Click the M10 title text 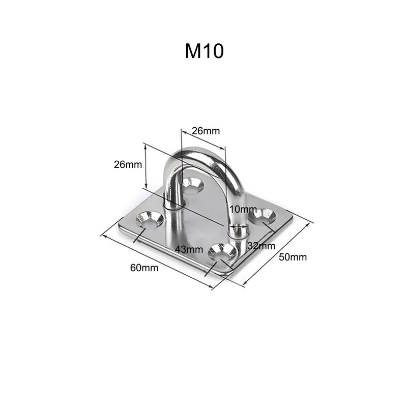[x=205, y=51]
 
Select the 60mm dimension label [x=144, y=268]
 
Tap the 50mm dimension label [x=293, y=257]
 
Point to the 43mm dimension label [x=189, y=249]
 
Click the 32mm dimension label [x=261, y=246]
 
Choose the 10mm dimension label [x=243, y=209]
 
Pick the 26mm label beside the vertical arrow [x=128, y=164]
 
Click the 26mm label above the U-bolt [x=206, y=131]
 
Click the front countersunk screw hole [x=222, y=252]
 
